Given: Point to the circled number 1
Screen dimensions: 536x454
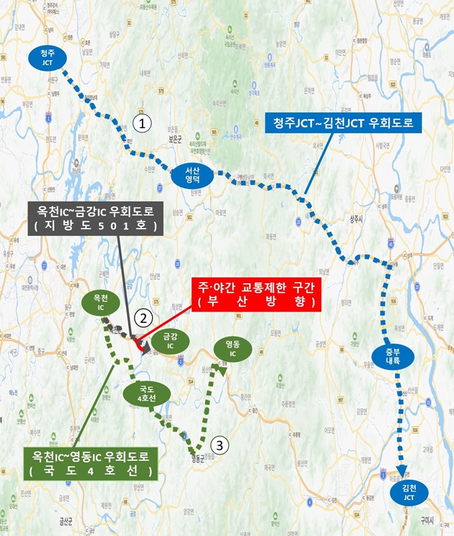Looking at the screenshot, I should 142,123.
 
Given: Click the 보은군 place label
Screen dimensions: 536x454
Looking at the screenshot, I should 176,140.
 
